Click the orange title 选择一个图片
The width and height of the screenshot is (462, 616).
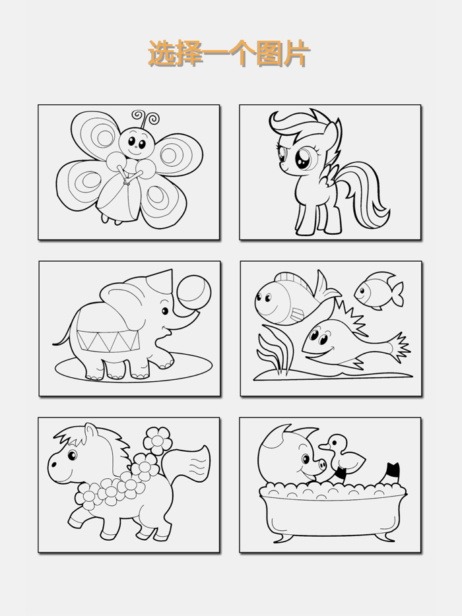tap(229, 53)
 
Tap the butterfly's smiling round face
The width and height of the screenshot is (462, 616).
tap(136, 143)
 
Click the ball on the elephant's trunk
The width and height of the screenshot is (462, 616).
tap(194, 293)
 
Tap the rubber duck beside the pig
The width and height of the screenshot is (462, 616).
tap(342, 455)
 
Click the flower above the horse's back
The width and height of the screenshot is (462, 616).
tap(157, 440)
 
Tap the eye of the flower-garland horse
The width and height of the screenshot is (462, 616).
tap(73, 455)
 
